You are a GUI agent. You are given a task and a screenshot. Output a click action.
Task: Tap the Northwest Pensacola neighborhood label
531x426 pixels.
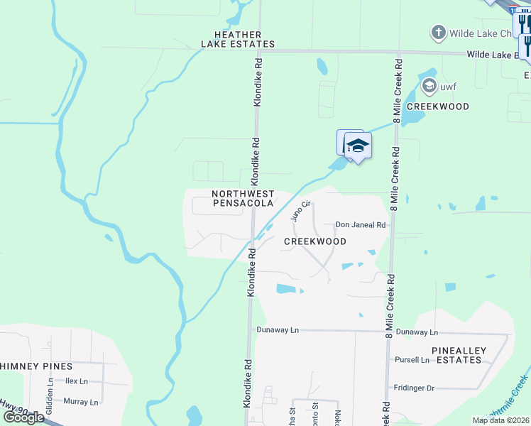pos(243,198)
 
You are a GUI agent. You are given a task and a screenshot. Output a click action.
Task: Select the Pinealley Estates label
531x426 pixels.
pos(456,356)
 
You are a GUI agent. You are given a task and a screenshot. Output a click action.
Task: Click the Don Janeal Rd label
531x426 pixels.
pos(360,225)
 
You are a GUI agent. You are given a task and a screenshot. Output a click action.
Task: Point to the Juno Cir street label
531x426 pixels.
pos(302,211)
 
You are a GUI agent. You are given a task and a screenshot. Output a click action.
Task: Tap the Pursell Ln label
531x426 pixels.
pos(412,360)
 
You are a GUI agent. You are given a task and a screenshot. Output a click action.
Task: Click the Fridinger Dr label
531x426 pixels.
pos(414,388)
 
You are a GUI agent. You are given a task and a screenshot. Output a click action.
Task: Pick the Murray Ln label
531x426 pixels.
pos(80,402)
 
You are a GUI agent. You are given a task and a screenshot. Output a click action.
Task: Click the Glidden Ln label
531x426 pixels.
pos(50,390)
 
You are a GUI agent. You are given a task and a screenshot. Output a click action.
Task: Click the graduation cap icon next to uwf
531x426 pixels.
pos(428,87)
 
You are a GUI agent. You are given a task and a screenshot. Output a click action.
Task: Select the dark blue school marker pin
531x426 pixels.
pos(358,146)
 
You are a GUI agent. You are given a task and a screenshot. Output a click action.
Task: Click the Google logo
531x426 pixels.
pos(23,417)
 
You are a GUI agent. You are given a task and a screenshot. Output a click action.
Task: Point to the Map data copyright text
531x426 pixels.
pos(501,420)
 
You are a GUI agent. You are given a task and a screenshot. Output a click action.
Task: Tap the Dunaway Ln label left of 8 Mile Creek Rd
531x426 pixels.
pos(278,331)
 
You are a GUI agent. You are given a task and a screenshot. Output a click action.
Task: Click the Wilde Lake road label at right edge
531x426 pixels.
pos(497,55)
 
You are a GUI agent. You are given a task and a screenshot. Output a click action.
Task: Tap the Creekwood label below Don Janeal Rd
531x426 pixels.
pos(315,241)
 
